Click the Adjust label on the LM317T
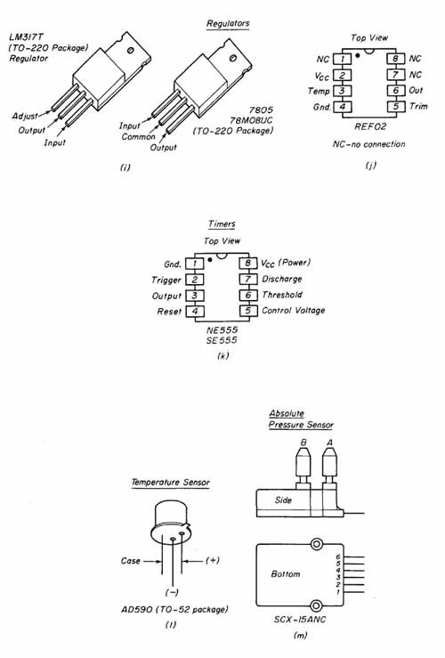(25, 116)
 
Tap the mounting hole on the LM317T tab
(131, 51)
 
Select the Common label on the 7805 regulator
(139, 137)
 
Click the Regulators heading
(228, 23)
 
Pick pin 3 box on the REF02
(343, 91)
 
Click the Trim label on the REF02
(418, 106)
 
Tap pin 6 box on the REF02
(395, 90)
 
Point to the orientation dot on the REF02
(358, 55)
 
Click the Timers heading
(222, 223)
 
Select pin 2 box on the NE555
(195, 280)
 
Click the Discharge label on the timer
(282, 279)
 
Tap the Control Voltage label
(293, 311)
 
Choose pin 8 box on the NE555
(248, 264)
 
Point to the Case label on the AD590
(131, 561)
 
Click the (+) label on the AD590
(213, 560)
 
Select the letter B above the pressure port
(303, 443)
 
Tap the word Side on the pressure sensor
(283, 500)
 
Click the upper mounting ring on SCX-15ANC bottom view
(317, 545)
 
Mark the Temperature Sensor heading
(170, 483)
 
